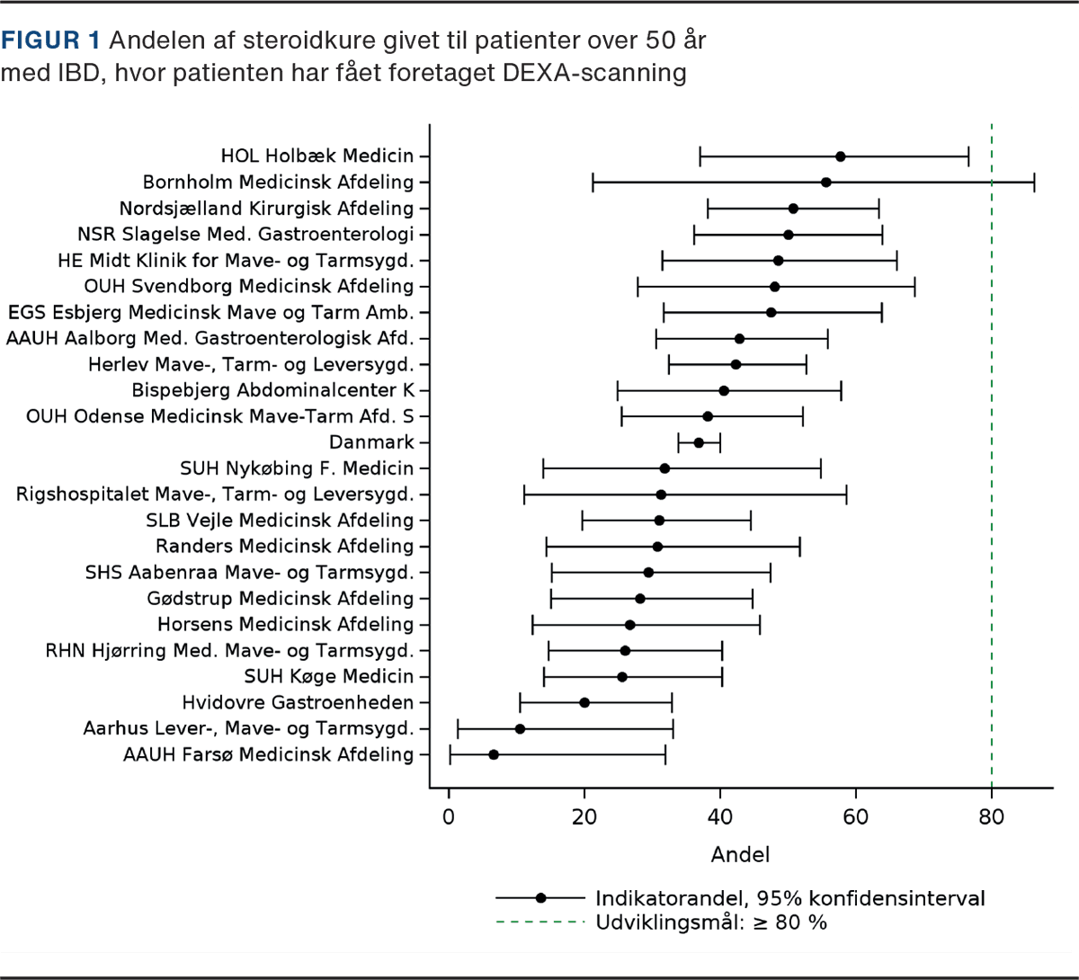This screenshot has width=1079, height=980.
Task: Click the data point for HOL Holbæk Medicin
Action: [840, 156]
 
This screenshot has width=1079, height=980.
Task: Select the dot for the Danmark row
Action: [699, 442]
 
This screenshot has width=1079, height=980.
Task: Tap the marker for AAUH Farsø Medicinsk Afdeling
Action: [493, 754]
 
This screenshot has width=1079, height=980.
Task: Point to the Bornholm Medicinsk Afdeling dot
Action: [825, 183]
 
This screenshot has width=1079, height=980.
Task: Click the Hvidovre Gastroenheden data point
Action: [584, 702]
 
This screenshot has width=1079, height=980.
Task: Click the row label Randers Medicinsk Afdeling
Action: [284, 547]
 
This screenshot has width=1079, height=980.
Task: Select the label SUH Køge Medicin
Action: [329, 676]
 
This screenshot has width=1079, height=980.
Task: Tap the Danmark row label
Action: [371, 442]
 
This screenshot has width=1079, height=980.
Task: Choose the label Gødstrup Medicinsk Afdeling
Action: [281, 599]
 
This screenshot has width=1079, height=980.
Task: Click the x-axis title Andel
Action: [740, 855]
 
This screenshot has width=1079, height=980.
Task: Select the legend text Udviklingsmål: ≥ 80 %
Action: [710, 922]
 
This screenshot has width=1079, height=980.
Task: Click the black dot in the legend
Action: [540, 897]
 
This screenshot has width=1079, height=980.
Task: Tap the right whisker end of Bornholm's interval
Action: [1034, 183]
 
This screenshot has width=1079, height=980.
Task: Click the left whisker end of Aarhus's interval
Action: [458, 728]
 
